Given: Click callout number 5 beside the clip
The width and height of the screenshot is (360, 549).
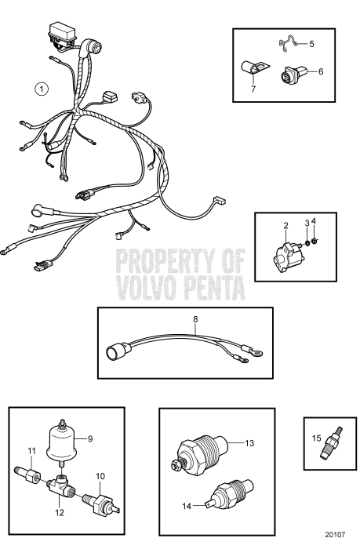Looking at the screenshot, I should click(x=311, y=44).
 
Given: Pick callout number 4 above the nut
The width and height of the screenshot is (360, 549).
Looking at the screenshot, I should click(x=315, y=224).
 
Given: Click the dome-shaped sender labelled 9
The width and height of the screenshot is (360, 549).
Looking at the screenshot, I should click(x=67, y=440).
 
